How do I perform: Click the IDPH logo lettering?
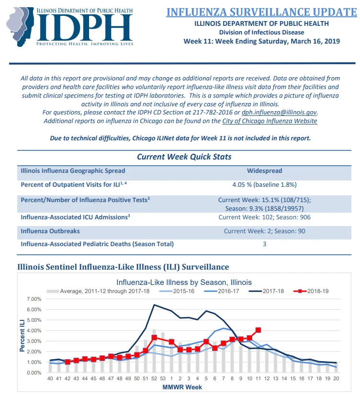point(84,27)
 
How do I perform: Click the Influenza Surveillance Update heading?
point(261,12)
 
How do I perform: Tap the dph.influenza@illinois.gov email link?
point(279,113)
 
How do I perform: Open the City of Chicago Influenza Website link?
point(270,121)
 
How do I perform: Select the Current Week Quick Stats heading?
point(184,157)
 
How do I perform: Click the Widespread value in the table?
point(265,170)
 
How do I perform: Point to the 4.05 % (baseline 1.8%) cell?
point(265,184)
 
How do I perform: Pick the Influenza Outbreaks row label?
point(50,231)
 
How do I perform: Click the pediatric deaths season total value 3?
point(265,244)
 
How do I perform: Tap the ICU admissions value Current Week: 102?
point(246,217)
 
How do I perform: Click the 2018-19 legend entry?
point(311,291)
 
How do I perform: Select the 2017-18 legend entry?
point(266,291)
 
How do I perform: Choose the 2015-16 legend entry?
point(177,291)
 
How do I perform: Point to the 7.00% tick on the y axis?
point(34,299)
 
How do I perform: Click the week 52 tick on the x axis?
point(154,378)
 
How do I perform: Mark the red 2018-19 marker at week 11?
point(258,330)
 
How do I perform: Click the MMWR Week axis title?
point(182,387)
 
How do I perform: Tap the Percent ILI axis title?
point(22,336)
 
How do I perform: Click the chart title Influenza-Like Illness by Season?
point(184,282)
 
